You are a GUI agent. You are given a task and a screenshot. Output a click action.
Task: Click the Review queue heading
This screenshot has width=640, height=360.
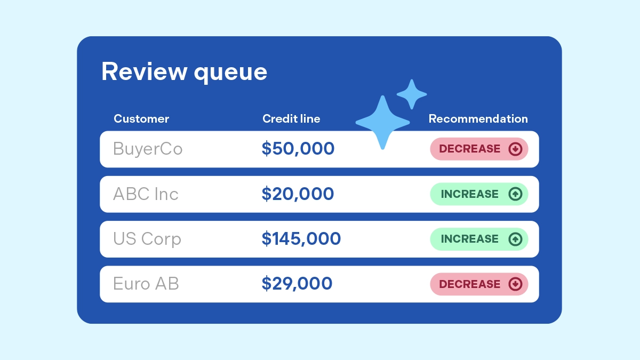pos(184,71)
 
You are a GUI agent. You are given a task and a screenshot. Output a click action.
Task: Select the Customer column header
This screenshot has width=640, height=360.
pos(141,118)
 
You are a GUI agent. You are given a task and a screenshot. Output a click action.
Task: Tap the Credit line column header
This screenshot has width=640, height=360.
pos(291,118)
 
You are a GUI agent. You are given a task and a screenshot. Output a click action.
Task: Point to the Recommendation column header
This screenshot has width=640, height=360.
pos(478,118)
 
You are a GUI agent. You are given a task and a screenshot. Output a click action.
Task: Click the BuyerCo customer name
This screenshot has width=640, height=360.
pos(148,149)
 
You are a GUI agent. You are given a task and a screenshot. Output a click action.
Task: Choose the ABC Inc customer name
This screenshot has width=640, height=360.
pos(146,194)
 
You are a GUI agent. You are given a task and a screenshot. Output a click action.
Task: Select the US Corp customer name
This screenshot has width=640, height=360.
pos(147,239)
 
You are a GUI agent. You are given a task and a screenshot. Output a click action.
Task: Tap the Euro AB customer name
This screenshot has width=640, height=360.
pos(146,284)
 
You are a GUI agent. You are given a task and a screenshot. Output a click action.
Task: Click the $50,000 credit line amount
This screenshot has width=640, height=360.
pos(298,149)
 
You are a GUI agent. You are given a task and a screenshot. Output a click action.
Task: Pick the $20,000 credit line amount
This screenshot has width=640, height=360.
pos(298,194)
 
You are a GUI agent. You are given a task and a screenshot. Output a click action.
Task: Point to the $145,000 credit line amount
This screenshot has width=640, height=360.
pos(301,239)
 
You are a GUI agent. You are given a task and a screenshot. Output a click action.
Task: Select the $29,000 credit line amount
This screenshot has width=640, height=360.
pos(297,284)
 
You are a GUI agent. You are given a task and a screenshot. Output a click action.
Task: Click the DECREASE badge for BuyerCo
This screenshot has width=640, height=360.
pos(478,149)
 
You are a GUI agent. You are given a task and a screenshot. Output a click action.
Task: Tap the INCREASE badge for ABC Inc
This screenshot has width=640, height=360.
pos(478,194)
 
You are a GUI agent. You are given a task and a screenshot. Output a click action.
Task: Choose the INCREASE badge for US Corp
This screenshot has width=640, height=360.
pos(478,239)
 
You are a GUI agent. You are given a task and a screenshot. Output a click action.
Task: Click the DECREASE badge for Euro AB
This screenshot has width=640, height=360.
pos(478,284)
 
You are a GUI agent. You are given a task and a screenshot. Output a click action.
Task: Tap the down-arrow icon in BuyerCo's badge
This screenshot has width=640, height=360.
pos(515,149)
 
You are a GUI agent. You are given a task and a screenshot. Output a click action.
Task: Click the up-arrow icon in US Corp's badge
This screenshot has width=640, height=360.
pos(515,239)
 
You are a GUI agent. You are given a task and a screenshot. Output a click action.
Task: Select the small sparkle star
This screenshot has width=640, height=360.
pos(412,94)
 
